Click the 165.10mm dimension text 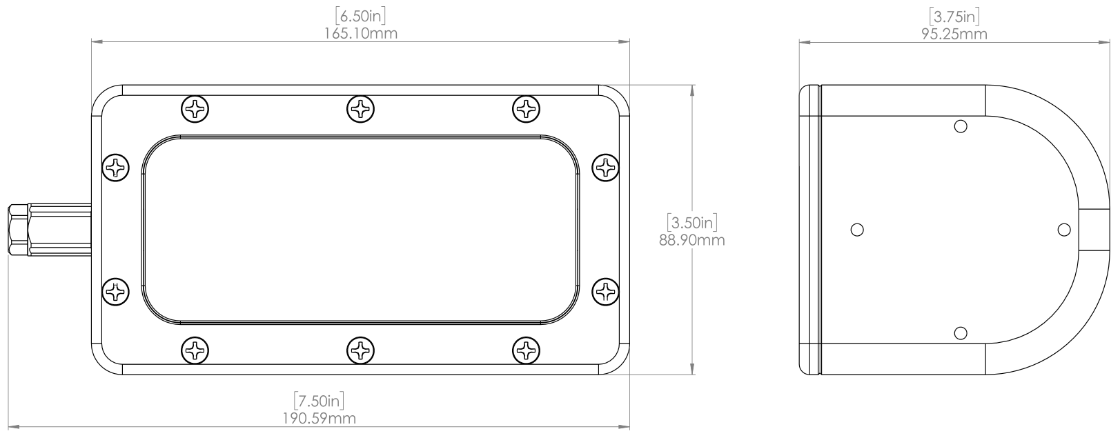[x=361, y=33]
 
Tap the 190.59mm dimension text [x=320, y=419]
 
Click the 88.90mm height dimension [x=692, y=241]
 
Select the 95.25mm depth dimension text [x=954, y=34]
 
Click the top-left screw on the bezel [x=195, y=108]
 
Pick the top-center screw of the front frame [x=361, y=108]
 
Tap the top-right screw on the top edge [x=527, y=108]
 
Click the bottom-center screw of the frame [x=361, y=350]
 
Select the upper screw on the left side [x=116, y=167]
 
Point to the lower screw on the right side [x=607, y=291]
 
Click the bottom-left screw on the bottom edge [x=195, y=350]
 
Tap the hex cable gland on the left [x=19, y=230]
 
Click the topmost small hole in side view [x=960, y=126]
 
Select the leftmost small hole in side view [x=857, y=229]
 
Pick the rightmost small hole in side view [x=1064, y=229]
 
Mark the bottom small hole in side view [x=960, y=333]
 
